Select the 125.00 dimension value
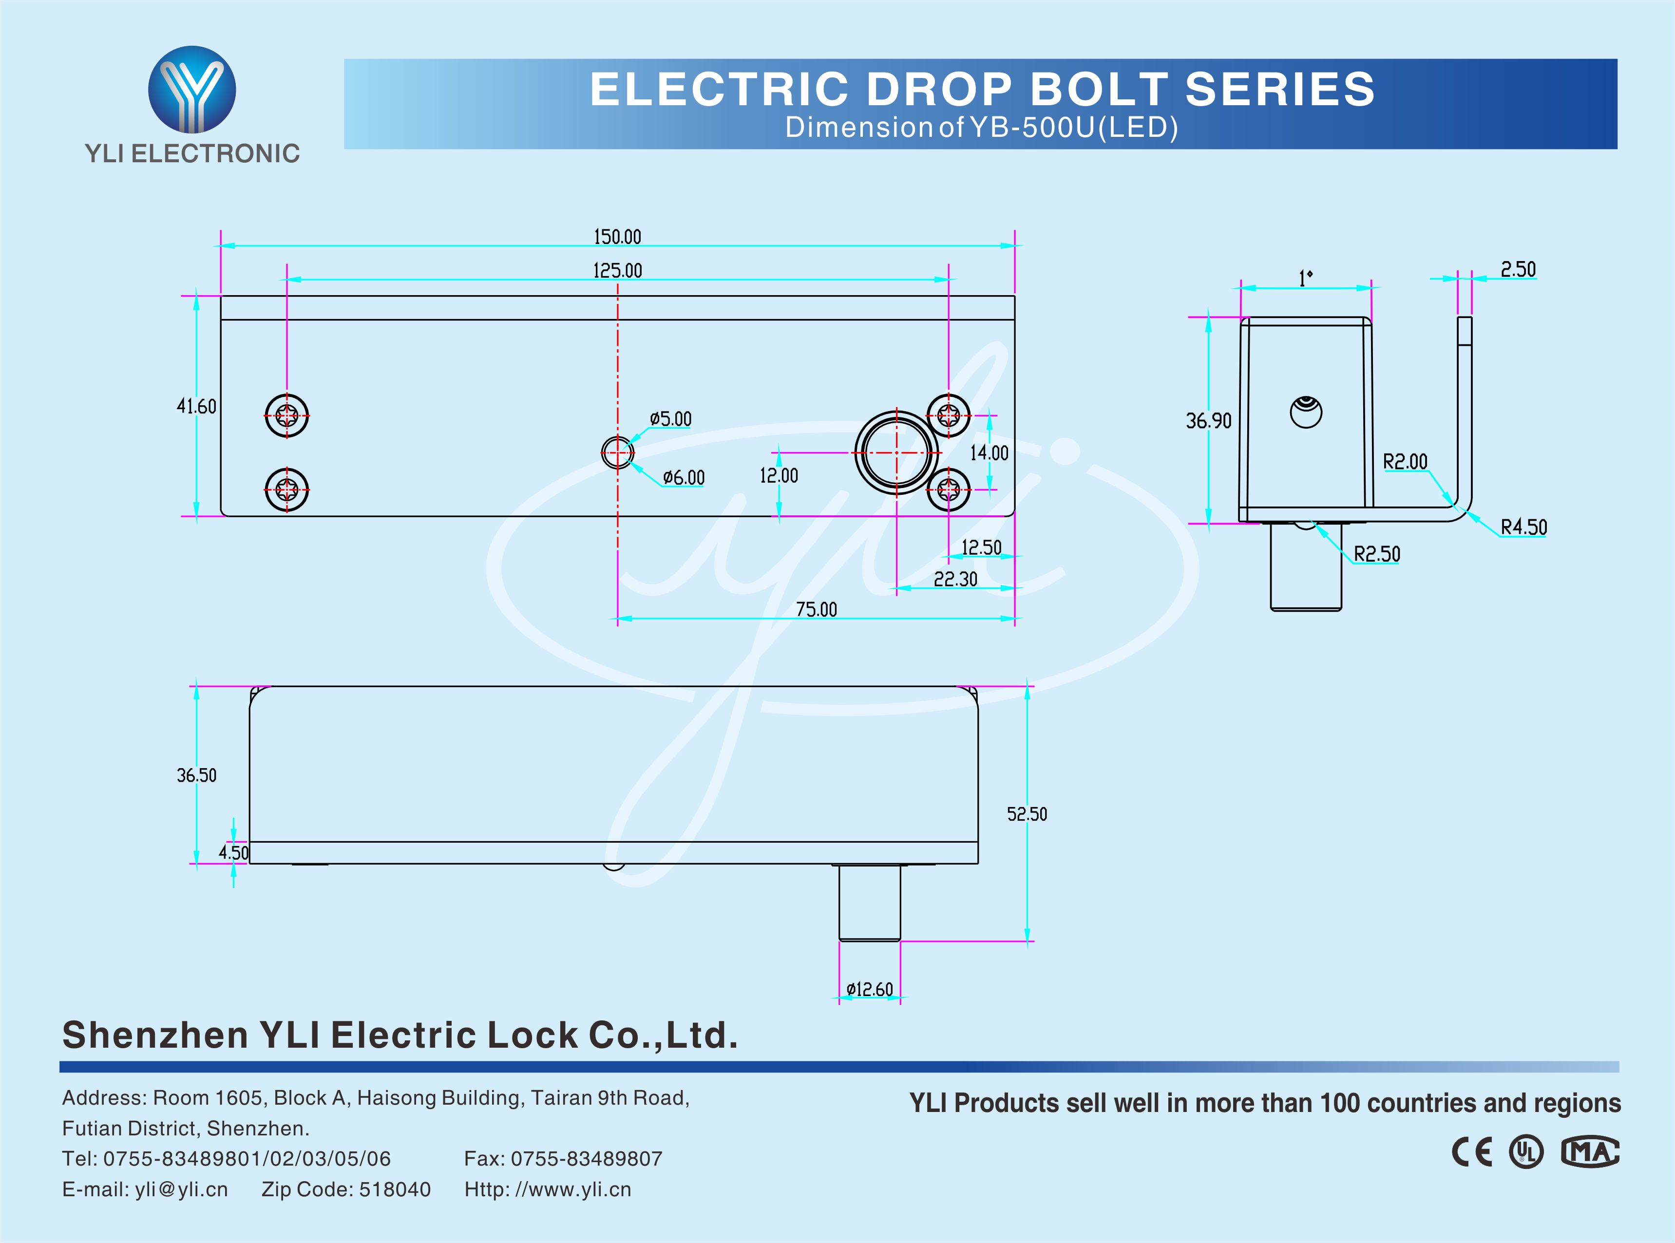click(617, 270)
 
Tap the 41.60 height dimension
click(196, 406)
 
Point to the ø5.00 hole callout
click(670, 419)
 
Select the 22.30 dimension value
click(955, 579)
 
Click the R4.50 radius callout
click(1524, 527)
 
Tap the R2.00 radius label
click(1405, 461)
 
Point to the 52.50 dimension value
click(1027, 814)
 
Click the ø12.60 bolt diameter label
click(869, 989)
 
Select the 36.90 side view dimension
click(1208, 421)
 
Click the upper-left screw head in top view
click(286, 414)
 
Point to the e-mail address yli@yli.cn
click(181, 1189)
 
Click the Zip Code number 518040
click(395, 1189)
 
